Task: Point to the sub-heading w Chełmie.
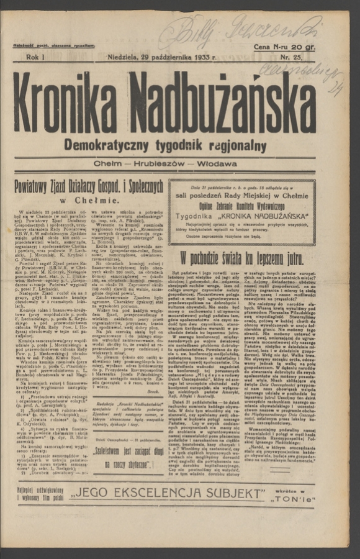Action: coord(90,200)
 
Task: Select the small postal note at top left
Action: coord(54,46)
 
